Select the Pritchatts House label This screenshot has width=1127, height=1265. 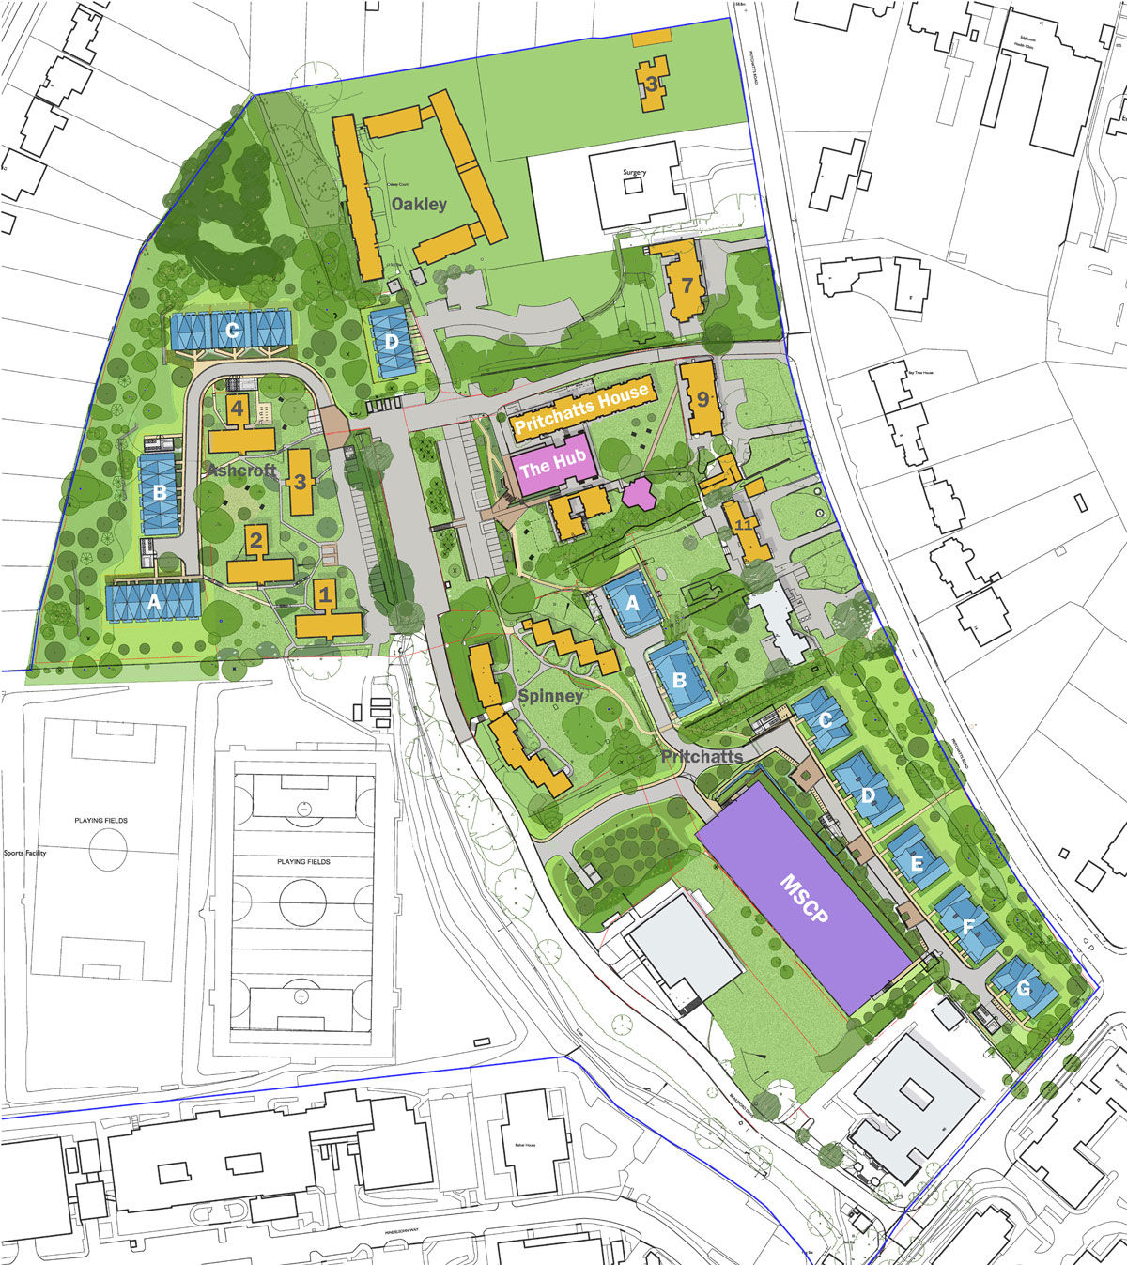coord(581,409)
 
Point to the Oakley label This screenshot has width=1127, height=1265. coord(419,204)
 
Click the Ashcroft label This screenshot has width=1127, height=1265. coord(242,471)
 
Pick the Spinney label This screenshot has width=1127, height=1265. coord(551,696)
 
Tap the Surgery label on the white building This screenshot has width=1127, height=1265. coord(636,173)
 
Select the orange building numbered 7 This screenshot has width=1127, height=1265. coord(687,285)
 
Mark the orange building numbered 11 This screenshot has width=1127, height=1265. coord(744,525)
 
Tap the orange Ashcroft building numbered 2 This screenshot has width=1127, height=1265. coord(255,541)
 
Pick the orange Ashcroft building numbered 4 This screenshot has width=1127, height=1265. coord(238,409)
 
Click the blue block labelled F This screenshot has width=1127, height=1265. coord(968,925)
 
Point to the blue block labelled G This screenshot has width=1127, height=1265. coord(1023,988)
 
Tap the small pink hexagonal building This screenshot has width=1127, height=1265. coord(638,493)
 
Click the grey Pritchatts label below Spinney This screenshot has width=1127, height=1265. coord(702,756)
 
